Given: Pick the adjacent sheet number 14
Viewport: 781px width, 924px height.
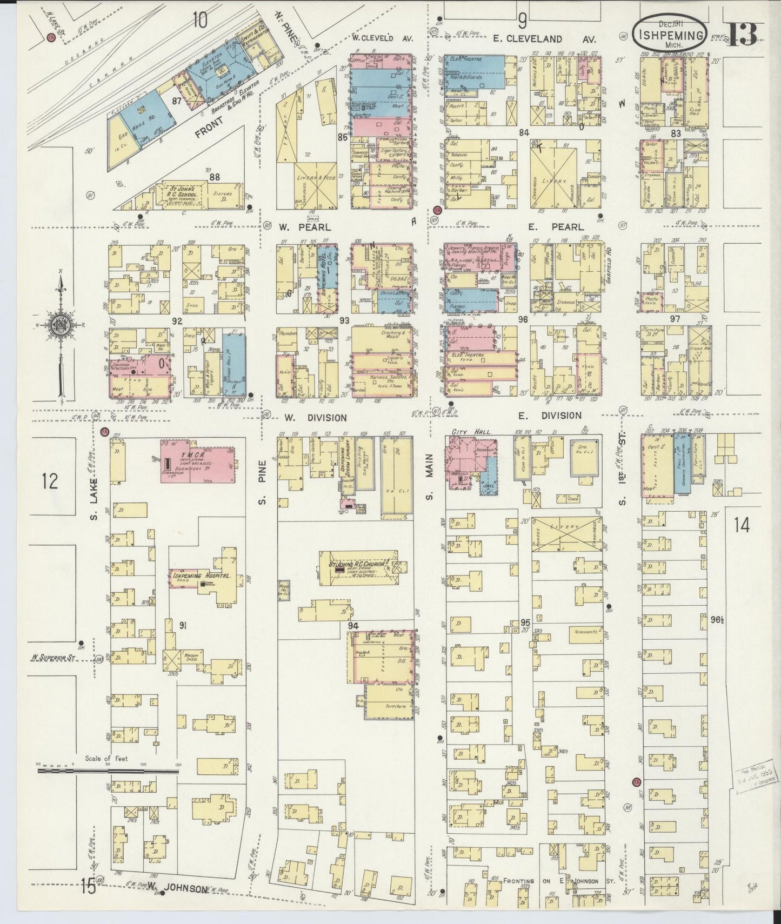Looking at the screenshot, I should tap(742, 525).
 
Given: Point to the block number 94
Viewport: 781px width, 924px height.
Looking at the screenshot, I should tap(354, 625).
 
